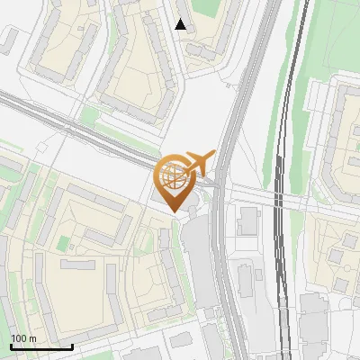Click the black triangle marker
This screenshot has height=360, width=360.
pyautogui.click(x=181, y=24)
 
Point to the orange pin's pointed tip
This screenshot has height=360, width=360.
pyautogui.click(x=174, y=213)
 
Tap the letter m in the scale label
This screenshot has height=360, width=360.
pyautogui.click(x=33, y=338)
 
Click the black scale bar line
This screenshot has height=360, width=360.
pyautogui.click(x=40, y=346)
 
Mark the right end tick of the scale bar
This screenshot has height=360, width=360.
pyautogui.click(x=71, y=345)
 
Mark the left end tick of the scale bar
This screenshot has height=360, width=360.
pyautogui.click(x=10, y=345)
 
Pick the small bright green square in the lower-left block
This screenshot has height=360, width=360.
pyautogui.click(x=62, y=243)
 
